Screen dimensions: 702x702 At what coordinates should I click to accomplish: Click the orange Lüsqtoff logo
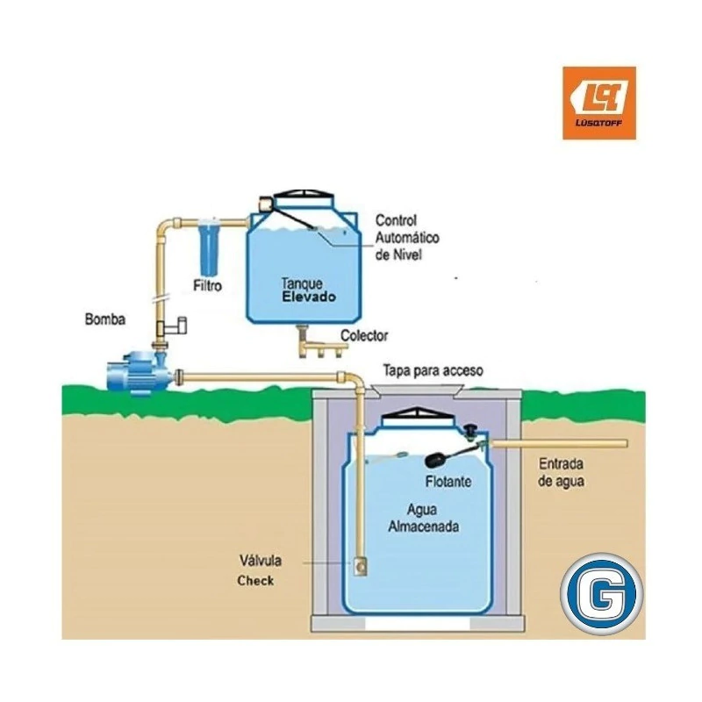click(598, 103)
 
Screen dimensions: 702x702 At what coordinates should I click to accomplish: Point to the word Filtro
click(207, 286)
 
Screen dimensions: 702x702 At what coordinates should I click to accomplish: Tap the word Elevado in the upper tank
click(308, 297)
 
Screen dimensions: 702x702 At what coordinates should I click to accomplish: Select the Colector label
click(364, 335)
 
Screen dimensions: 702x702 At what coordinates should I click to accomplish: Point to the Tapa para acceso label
click(433, 371)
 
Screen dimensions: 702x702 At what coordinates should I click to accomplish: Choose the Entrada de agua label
click(562, 472)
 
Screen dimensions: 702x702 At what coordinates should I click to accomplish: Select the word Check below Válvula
click(255, 580)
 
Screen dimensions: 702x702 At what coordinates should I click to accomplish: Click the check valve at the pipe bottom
click(359, 566)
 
